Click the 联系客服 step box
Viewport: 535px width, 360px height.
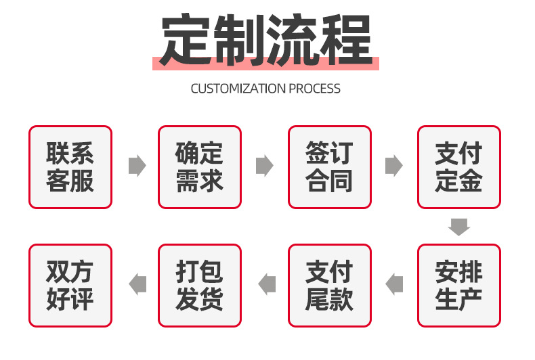point(70,167)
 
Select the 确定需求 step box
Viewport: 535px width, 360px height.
point(199,167)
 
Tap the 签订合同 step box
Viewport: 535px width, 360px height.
point(329,167)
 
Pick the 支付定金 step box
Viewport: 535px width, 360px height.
point(458,167)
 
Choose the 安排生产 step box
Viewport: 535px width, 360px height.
point(458,286)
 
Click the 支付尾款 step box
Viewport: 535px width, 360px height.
point(329,286)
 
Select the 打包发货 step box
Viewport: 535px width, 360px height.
point(199,286)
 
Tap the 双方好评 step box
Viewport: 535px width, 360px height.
point(70,286)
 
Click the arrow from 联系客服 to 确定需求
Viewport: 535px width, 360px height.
point(137,166)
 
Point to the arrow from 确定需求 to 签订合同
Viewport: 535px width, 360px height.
point(264,166)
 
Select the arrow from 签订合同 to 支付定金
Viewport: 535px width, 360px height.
point(393,166)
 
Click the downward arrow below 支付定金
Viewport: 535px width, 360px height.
point(459,227)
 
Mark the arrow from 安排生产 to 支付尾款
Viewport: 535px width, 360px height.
point(394,284)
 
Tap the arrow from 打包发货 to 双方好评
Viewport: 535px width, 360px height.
point(137,284)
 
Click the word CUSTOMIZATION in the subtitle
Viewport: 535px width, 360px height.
point(238,89)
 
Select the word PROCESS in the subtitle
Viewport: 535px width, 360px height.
point(315,89)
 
